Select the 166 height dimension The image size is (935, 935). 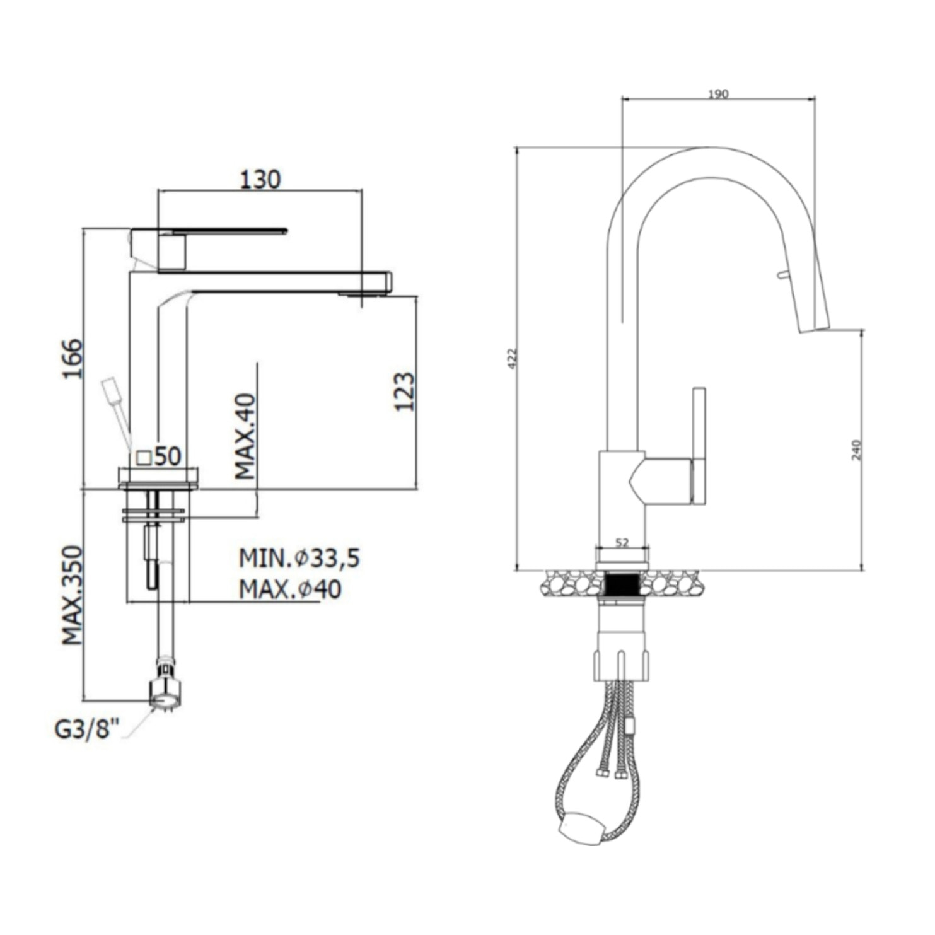click(x=73, y=359)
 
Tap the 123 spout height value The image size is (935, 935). click(x=405, y=392)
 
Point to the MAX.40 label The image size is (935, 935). click(x=245, y=436)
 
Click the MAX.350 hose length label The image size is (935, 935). click(x=73, y=595)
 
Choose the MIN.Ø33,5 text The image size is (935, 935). click(x=299, y=558)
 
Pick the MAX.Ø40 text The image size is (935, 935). click(x=290, y=589)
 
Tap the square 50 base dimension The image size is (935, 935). click(x=159, y=456)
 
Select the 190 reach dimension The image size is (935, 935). click(x=718, y=95)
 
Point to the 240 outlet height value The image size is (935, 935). click(x=856, y=450)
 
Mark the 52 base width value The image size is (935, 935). click(x=622, y=542)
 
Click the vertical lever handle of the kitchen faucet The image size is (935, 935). click(x=699, y=446)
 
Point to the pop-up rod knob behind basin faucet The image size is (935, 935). click(x=111, y=389)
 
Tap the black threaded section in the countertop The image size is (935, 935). click(x=622, y=583)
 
